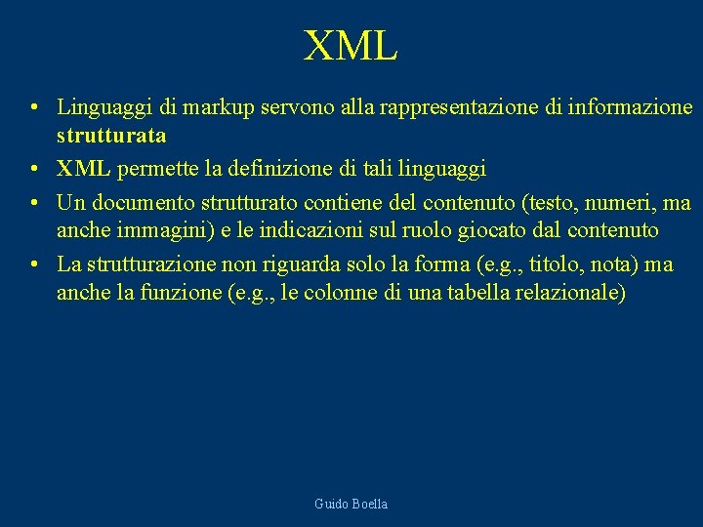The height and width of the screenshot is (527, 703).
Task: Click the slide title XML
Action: (351, 46)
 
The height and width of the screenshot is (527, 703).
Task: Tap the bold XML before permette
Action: (83, 169)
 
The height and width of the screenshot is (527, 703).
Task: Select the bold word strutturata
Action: (111, 134)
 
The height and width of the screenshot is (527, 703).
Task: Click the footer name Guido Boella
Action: (351, 504)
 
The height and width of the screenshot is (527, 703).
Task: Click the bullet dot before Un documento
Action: (34, 204)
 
